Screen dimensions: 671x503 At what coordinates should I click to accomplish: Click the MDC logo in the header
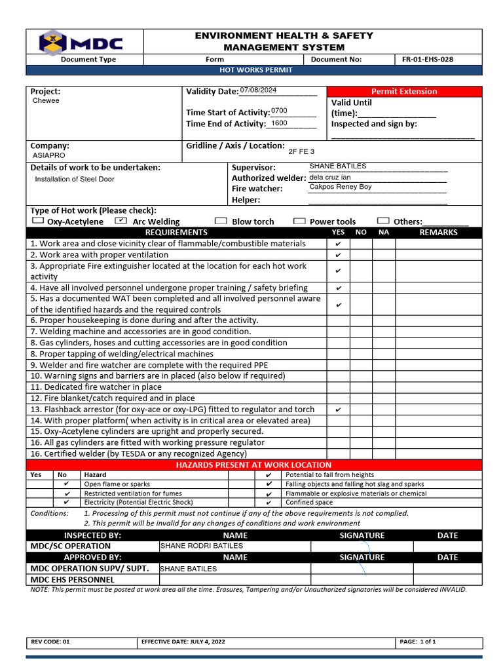pyautogui.click(x=81, y=43)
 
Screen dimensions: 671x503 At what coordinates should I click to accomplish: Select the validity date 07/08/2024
pyautogui.click(x=259, y=90)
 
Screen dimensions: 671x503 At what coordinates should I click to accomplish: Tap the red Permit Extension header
pyautogui.click(x=404, y=91)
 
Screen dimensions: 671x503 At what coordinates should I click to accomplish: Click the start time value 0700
pyautogui.click(x=279, y=111)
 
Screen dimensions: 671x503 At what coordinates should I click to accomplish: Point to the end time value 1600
pyautogui.click(x=279, y=123)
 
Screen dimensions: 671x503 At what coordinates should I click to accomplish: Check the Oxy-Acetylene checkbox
pyautogui.click(x=37, y=221)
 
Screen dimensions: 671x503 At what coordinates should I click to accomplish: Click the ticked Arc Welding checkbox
pyautogui.click(x=121, y=221)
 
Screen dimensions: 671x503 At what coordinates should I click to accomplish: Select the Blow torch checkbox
pyautogui.click(x=221, y=221)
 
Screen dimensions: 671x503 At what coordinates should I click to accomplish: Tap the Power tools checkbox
pyautogui.click(x=299, y=221)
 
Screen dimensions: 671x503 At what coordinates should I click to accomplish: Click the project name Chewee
pyautogui.click(x=46, y=101)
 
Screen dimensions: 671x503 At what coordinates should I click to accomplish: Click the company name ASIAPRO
pyautogui.click(x=49, y=156)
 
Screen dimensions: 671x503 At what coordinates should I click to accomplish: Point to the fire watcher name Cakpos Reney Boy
pyautogui.click(x=340, y=187)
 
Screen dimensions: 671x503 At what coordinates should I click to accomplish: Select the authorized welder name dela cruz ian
pyautogui.click(x=329, y=177)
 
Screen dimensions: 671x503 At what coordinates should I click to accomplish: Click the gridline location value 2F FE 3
pyautogui.click(x=301, y=151)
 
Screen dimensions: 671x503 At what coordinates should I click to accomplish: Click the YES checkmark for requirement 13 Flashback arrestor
pyautogui.click(x=338, y=410)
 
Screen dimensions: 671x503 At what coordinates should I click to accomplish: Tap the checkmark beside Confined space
pyautogui.click(x=269, y=503)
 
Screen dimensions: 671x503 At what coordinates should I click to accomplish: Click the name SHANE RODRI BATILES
pyautogui.click(x=202, y=545)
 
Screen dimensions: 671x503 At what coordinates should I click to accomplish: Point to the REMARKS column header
pyautogui.click(x=438, y=232)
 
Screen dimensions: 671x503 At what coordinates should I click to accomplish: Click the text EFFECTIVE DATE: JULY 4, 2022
pyautogui.click(x=183, y=642)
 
